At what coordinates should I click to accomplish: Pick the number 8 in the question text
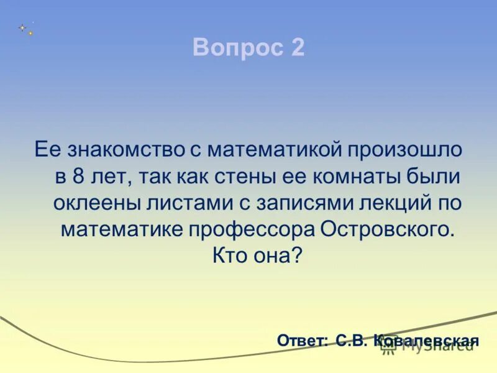(x=78, y=177)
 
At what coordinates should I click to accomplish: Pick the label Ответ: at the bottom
(x=302, y=341)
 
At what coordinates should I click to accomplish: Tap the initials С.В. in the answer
(x=352, y=341)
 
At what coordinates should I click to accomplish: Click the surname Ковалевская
(x=427, y=341)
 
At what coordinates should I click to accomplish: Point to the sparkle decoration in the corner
(x=25, y=29)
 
